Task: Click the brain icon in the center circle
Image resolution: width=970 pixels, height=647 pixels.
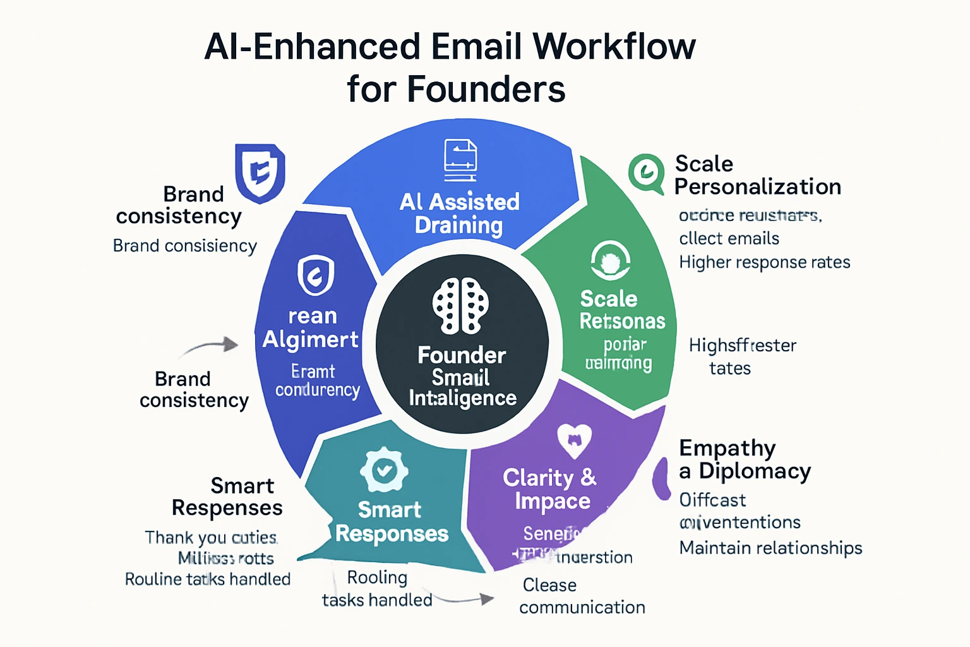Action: (461, 306)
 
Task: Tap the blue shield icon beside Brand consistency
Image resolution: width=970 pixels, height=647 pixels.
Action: (260, 173)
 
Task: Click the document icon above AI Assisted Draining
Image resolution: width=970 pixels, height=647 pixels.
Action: (460, 160)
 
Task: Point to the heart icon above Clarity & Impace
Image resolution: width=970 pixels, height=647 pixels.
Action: (575, 440)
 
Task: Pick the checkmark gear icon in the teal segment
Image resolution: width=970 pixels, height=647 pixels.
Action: (384, 470)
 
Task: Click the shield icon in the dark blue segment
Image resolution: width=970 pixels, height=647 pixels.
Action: (316, 275)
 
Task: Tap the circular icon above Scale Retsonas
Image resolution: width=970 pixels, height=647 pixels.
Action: (610, 260)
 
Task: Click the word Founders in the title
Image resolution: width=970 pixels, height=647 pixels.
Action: (486, 89)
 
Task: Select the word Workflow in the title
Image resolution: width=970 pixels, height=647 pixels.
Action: (614, 47)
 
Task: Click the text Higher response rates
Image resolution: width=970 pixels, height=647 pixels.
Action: (764, 262)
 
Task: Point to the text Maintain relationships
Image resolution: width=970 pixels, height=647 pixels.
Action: (770, 548)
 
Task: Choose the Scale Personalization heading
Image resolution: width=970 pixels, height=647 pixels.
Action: (757, 175)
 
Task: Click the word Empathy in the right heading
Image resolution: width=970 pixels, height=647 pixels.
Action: (727, 448)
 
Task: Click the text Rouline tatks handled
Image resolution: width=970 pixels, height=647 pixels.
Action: (207, 579)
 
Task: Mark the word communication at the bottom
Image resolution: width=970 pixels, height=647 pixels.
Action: (582, 607)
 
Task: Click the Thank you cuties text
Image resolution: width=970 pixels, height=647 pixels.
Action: (211, 538)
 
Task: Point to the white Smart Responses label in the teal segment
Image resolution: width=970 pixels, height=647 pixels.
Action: (392, 522)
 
